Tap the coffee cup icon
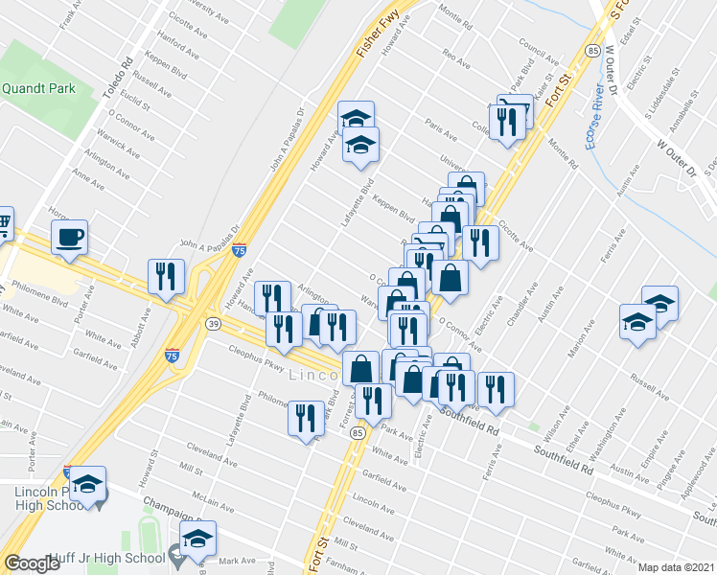click(x=69, y=237)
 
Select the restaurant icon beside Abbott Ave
click(x=166, y=276)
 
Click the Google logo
click(x=32, y=563)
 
